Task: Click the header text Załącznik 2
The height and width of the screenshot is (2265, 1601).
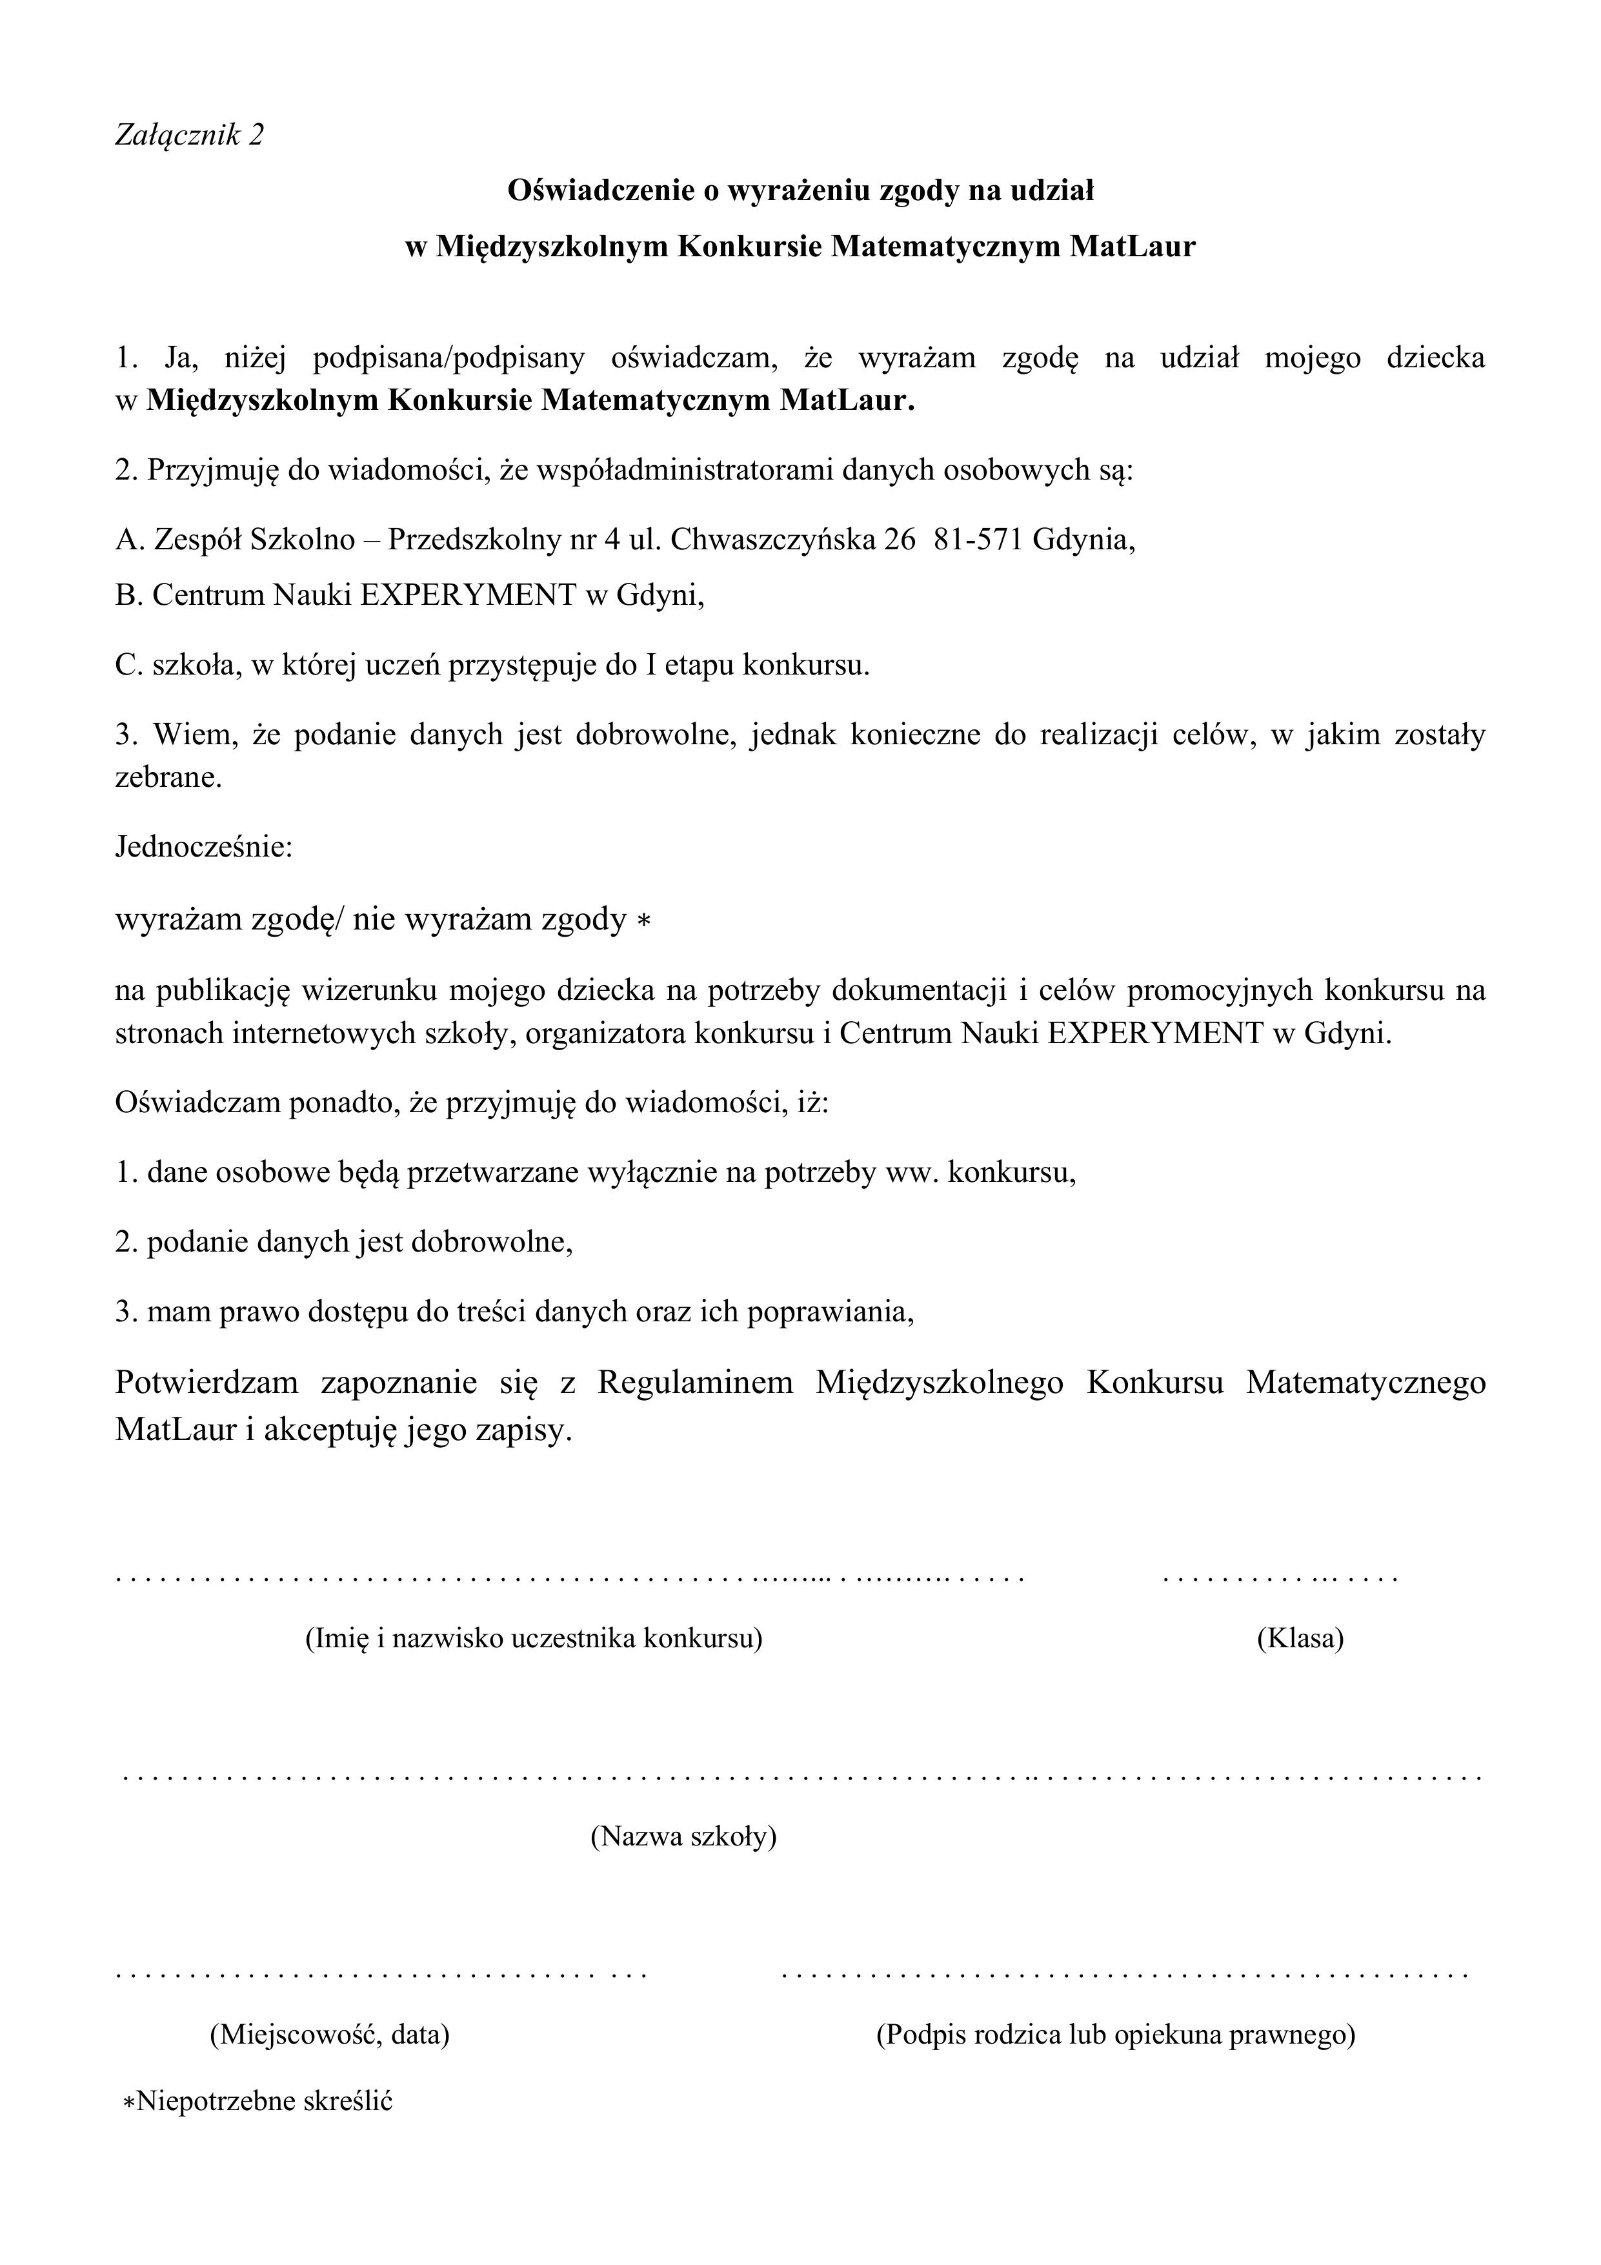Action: click(x=190, y=134)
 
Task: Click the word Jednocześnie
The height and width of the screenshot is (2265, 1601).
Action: click(x=204, y=848)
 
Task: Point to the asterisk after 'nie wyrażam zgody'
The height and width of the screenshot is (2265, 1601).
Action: click(x=643, y=921)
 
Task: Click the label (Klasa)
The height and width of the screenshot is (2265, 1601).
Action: click(x=1300, y=1639)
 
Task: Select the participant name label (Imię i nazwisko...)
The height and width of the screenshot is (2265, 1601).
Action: click(x=534, y=1639)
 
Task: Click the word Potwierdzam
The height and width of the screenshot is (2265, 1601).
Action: click(x=206, y=1382)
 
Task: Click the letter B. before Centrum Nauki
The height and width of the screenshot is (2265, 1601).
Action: click(x=126, y=595)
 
